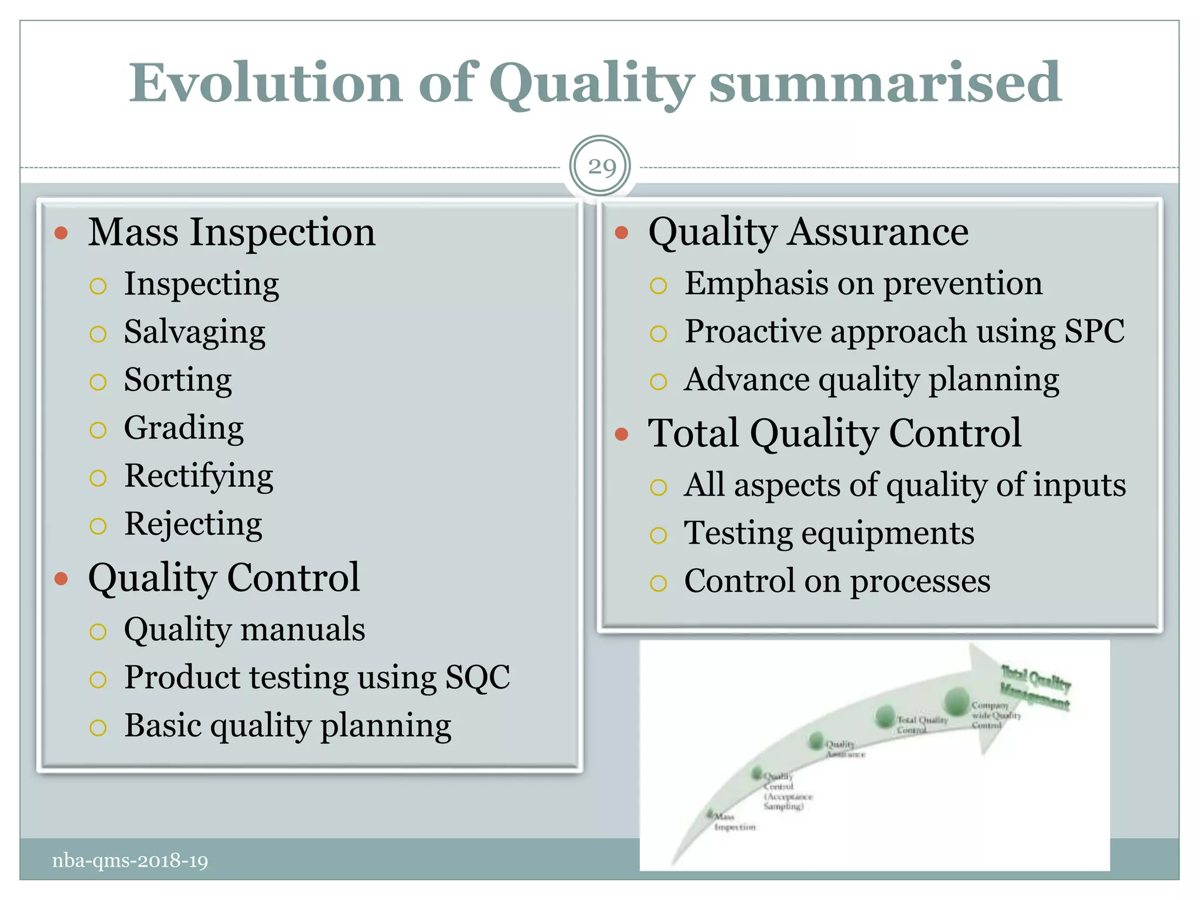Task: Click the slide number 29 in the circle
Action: pyautogui.click(x=601, y=167)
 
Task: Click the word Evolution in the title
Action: pyautogui.click(x=265, y=83)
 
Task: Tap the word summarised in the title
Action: pyautogui.click(x=885, y=83)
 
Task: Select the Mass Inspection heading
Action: pyautogui.click(x=231, y=232)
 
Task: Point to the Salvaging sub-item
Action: pyautogui.click(x=195, y=332)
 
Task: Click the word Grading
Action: pyautogui.click(x=183, y=428)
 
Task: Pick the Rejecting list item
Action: pyautogui.click(x=193, y=524)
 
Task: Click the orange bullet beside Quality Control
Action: pyautogui.click(x=61, y=579)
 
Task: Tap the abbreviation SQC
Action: pyautogui.click(x=478, y=677)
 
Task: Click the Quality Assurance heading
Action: pyautogui.click(x=808, y=232)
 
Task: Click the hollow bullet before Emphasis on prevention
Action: pyautogui.click(x=658, y=286)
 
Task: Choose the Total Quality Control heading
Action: pyautogui.click(x=834, y=434)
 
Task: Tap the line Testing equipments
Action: pyautogui.click(x=829, y=533)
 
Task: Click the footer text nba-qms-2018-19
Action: pyautogui.click(x=130, y=861)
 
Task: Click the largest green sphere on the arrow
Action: pyautogui.click(x=957, y=700)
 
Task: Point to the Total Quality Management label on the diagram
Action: pyautogui.click(x=1035, y=688)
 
